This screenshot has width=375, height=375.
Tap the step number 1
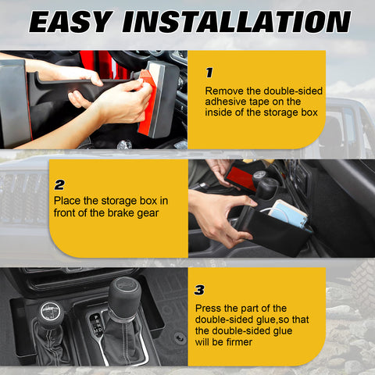[x=209, y=72]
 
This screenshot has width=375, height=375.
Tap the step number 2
[x=59, y=185]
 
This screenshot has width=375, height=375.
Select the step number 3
[x=200, y=290]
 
